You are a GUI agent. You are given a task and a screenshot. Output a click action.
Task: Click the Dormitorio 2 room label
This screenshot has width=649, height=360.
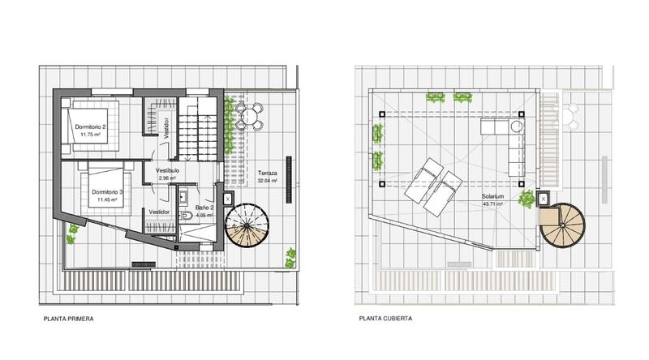(x=90, y=127)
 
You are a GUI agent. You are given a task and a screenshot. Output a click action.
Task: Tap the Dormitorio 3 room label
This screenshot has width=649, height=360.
(x=107, y=192)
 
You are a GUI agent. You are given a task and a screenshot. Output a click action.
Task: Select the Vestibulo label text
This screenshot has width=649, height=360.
(x=167, y=170)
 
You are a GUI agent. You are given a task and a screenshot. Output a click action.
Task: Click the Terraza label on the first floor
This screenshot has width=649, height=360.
(x=268, y=173)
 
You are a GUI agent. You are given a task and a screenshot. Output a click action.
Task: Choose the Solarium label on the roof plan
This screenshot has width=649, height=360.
(x=492, y=196)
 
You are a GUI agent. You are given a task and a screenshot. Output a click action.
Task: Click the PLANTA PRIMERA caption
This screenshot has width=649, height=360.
(x=68, y=319)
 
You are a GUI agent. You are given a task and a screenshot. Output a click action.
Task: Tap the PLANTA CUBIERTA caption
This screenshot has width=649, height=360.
(x=385, y=319)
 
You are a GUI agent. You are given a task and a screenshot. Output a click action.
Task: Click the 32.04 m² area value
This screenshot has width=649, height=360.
(x=268, y=181)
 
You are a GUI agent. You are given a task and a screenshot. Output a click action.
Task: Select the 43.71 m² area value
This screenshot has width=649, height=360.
(x=492, y=204)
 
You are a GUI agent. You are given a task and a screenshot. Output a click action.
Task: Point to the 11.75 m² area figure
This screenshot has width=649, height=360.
(x=90, y=135)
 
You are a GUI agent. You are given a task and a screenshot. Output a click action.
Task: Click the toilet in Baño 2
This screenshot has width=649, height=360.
(x=186, y=215)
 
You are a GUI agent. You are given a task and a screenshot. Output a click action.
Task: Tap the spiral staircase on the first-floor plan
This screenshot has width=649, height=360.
(x=247, y=225)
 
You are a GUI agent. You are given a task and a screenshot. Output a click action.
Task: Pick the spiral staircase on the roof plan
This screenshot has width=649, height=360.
(x=562, y=225)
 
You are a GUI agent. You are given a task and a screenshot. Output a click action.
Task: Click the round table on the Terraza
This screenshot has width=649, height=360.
(x=249, y=115)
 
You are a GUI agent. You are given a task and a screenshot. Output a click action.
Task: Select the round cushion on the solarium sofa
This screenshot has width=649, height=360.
(x=516, y=126)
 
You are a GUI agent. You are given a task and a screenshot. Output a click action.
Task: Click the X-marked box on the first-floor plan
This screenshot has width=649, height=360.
(x=228, y=199)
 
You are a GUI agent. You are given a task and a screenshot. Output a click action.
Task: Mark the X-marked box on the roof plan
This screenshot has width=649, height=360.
(x=543, y=199)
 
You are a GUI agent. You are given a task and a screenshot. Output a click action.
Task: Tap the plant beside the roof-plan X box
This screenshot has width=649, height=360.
(x=527, y=199)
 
